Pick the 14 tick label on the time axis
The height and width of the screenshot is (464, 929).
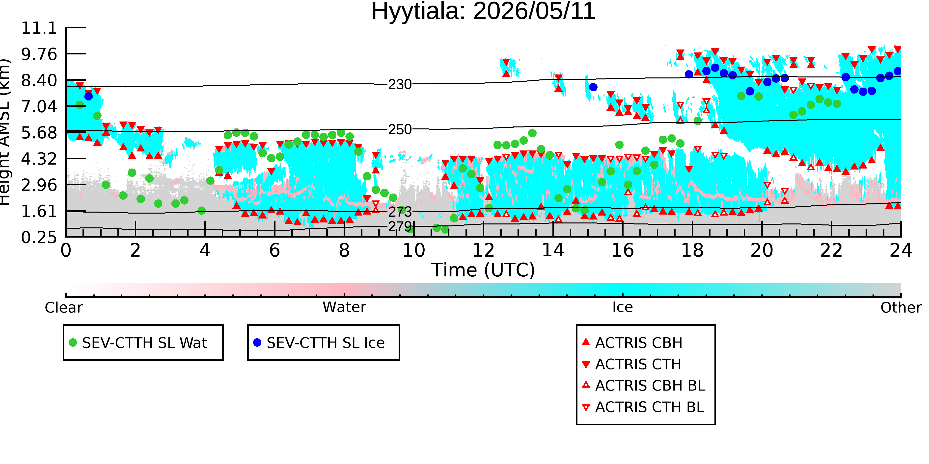553,250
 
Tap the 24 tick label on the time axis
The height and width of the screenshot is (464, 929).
901,250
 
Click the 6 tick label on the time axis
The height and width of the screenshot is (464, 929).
274,250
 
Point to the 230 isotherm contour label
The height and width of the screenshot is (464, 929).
400,85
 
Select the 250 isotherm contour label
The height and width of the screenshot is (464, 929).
400,130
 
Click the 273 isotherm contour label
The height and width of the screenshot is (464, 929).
400,212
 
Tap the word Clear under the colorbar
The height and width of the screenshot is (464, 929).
63,308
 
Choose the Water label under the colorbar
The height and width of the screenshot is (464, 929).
344,307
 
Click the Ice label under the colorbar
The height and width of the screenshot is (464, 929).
623,307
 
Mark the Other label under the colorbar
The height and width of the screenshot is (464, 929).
901,308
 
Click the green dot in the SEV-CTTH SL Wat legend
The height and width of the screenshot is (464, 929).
73,342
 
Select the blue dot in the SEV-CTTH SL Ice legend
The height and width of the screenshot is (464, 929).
257,342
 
